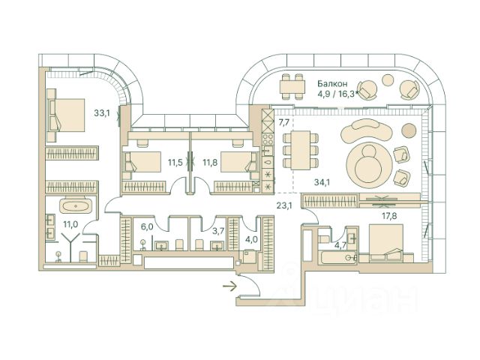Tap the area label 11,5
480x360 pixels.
175,162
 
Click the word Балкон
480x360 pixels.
332,84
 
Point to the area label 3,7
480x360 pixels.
219,232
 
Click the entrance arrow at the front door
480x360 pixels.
227,284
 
